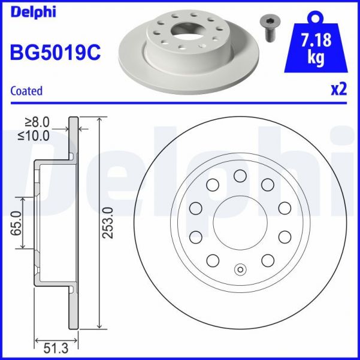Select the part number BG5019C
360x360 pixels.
click(x=55, y=53)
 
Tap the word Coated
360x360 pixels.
click(x=27, y=91)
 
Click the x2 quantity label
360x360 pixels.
click(x=338, y=90)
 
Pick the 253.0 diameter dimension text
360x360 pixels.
click(x=108, y=222)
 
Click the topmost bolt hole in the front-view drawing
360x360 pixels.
click(x=240, y=176)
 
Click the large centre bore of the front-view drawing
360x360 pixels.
click(x=240, y=222)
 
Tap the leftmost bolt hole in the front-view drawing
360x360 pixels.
click(x=195, y=208)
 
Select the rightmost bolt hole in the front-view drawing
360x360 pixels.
click(x=285, y=208)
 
